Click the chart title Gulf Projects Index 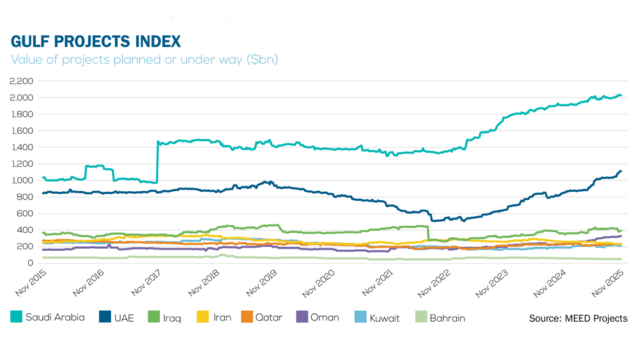pos(96,42)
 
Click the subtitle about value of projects pos(144,59)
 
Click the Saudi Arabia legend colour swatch pos(15,317)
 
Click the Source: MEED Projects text pos(578,318)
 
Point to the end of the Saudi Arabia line pos(620,96)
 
